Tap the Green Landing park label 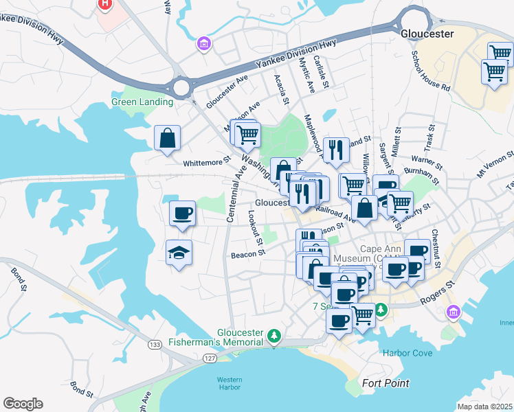point(142,102)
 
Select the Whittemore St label point(207,162)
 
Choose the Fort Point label point(385,383)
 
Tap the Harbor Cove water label point(407,354)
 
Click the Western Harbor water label point(230,383)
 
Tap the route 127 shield point(206,358)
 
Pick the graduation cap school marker point(179,252)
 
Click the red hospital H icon point(104,4)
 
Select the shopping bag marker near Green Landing point(167,138)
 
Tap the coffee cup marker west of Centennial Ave point(182,213)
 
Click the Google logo point(23,404)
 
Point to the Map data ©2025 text point(484,407)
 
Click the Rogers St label point(441,290)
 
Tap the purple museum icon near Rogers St point(452,313)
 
